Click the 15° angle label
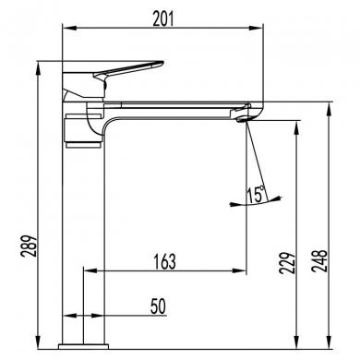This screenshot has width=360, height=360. [255, 196]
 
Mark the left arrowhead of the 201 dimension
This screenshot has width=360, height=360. [65, 30]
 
